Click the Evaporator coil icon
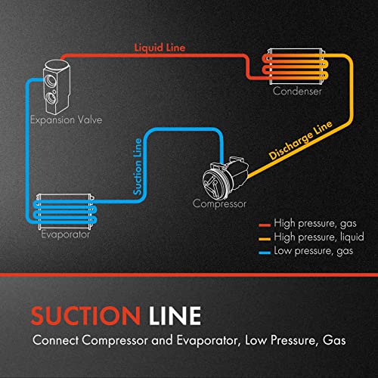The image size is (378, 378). [64, 210]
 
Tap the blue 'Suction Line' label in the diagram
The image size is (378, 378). [138, 166]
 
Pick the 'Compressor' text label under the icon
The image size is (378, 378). [219, 203]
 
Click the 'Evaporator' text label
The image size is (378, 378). [65, 235]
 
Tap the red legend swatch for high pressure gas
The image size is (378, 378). [264, 225]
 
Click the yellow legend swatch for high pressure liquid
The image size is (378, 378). [264, 237]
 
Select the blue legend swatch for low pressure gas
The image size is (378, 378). [264, 249]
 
